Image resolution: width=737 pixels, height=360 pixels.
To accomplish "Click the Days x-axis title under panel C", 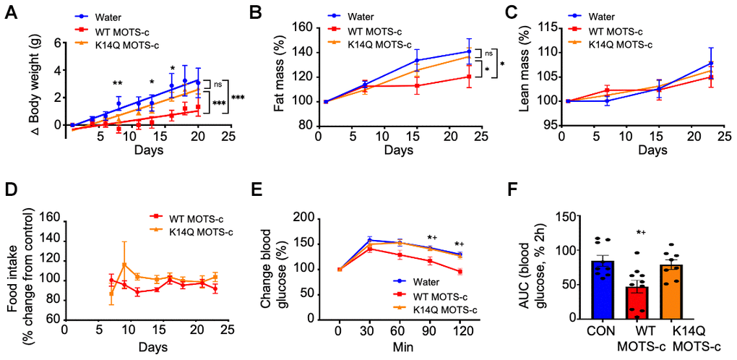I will pos(652,150).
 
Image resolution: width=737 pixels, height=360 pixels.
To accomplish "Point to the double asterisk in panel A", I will pos(116,84).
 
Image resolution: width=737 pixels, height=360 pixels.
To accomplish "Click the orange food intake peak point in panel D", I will pos(125,265).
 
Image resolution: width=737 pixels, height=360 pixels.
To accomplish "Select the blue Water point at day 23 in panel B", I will pos(467,51).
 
